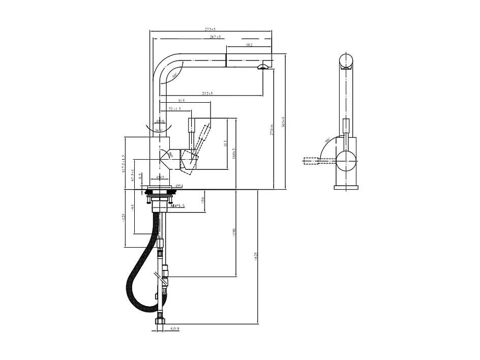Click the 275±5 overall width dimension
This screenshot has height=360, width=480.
[x=211, y=29]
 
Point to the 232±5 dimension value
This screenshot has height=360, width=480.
[x=207, y=93]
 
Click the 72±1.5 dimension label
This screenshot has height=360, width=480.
[x=174, y=109]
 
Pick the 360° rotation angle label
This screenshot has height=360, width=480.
[x=159, y=131]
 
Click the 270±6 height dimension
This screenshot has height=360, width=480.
[x=272, y=129]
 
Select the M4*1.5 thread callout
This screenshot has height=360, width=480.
[x=178, y=206]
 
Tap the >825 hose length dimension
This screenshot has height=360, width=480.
[x=256, y=257]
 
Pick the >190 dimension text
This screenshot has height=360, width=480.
[x=234, y=233]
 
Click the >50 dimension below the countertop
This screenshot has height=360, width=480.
[x=202, y=199]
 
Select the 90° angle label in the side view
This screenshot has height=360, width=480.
[x=328, y=139]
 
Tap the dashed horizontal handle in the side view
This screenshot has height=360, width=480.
[x=312, y=161]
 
